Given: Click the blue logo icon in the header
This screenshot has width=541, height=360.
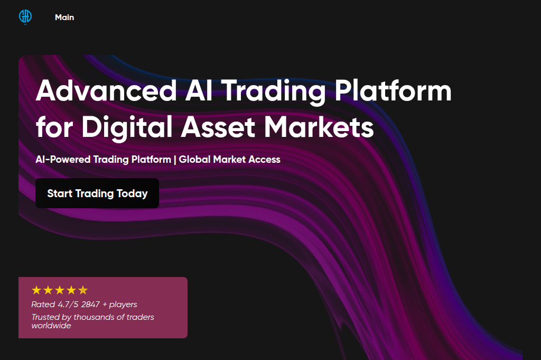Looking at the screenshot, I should point(25,17).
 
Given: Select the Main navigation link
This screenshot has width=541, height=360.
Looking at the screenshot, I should point(64,17).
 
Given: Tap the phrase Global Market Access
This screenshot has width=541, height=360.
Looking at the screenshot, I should point(230,159).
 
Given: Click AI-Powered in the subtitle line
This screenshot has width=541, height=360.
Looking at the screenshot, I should point(63,159).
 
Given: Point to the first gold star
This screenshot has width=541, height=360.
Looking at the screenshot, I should point(36,290).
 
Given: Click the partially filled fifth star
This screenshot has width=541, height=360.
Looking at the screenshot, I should point(83,290).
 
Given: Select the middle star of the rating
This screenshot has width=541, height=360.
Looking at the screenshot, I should point(60,290).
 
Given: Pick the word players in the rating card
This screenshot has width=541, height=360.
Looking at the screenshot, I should point(123,304).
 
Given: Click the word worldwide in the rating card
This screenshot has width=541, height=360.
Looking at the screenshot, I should point(51,326).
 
